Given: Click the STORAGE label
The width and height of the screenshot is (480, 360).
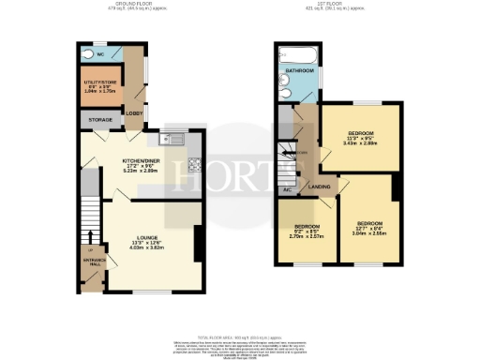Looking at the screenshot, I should click(100, 120).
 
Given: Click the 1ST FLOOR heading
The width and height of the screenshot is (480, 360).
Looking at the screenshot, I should click(336, 6).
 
